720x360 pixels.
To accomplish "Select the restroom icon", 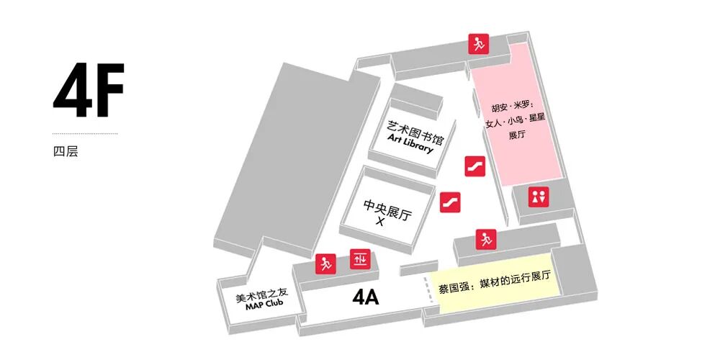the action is [x=539, y=197].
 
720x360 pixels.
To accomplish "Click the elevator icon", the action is [x=359, y=258].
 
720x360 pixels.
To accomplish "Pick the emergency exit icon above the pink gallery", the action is [x=477, y=43].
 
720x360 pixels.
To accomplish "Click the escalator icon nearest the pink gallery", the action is [x=474, y=165].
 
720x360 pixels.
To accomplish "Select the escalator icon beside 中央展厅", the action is [x=450, y=202].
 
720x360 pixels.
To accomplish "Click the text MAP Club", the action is [x=264, y=304].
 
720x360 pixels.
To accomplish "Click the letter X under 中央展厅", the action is [x=381, y=222].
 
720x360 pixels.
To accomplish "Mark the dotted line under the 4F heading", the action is [x=85, y=134].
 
